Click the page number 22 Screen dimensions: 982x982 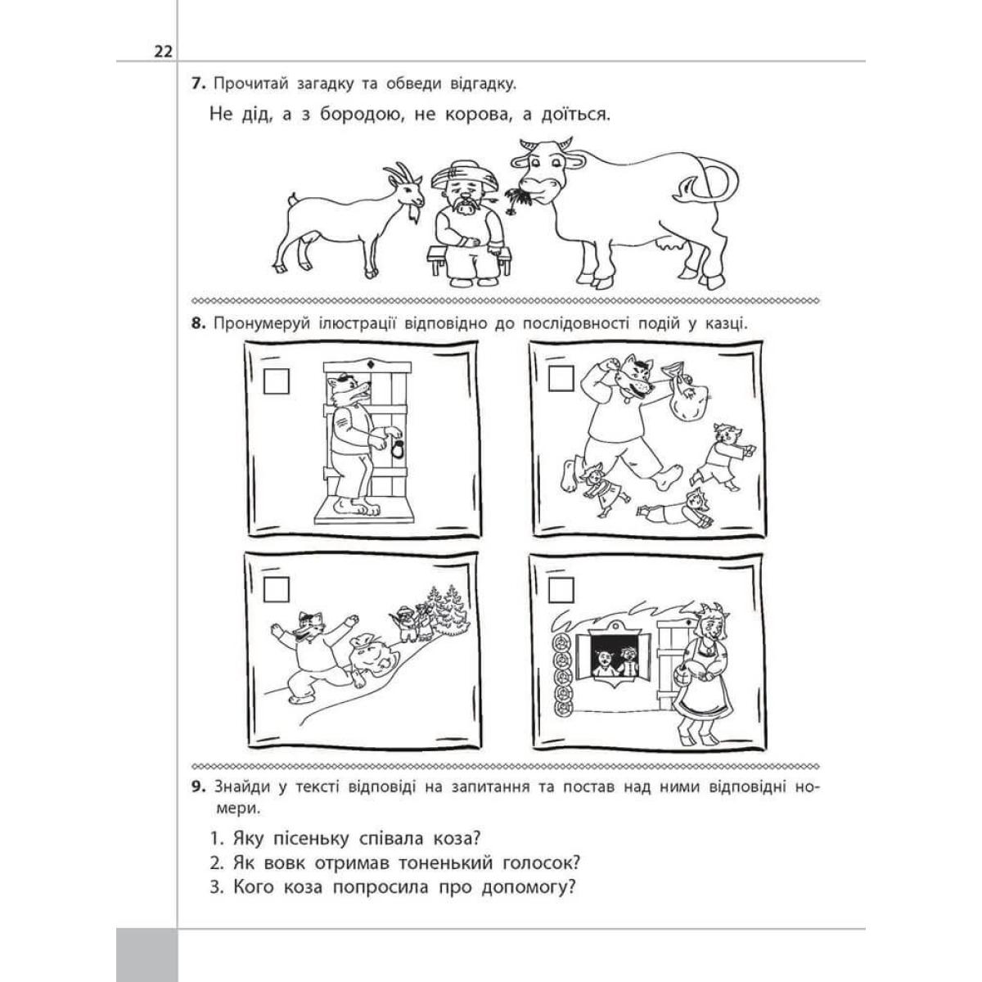coord(163,52)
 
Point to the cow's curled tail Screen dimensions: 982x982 coord(714,182)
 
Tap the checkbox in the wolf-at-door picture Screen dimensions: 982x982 coord(277,381)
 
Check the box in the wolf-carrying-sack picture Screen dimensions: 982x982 coord(561,378)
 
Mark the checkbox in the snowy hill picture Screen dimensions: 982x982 coord(276,589)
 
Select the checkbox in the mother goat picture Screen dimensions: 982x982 coord(561,589)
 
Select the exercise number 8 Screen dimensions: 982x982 coord(198,323)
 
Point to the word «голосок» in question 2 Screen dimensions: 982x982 coord(541,863)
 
